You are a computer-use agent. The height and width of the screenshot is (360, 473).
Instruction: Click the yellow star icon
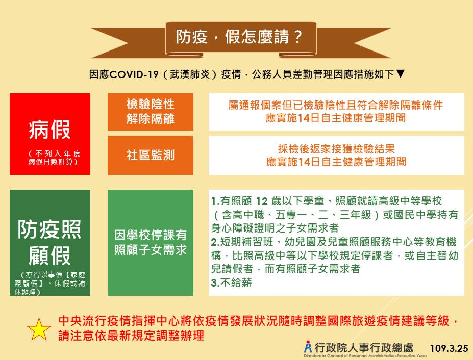point(39,329)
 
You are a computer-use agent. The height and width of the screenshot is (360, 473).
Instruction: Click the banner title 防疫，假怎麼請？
point(239,37)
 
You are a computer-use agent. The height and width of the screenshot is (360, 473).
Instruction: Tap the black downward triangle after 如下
point(400,73)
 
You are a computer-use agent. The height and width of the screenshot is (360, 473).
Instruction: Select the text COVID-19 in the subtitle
point(134,74)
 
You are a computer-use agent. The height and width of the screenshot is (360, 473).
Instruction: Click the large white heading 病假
point(50,130)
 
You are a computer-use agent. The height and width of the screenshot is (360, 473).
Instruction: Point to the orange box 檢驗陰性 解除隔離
point(150,112)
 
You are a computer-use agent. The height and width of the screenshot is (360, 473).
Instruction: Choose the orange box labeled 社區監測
point(150,156)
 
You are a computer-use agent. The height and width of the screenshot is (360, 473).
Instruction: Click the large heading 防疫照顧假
point(49,242)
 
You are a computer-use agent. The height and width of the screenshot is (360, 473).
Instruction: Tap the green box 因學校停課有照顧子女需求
point(150,243)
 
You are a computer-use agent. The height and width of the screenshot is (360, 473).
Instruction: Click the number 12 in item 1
point(262,201)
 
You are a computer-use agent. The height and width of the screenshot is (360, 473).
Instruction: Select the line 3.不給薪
point(231,283)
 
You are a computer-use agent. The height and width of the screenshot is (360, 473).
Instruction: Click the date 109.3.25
point(449,348)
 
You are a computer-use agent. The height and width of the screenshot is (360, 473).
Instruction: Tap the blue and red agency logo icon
point(308,347)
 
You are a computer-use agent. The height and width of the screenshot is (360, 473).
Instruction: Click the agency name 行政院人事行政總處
point(364,348)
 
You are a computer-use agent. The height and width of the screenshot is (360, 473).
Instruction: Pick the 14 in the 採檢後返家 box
point(304,162)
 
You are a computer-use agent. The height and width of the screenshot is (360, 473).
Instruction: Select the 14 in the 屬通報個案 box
point(304,118)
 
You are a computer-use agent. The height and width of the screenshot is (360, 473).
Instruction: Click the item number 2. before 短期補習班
point(215,242)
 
